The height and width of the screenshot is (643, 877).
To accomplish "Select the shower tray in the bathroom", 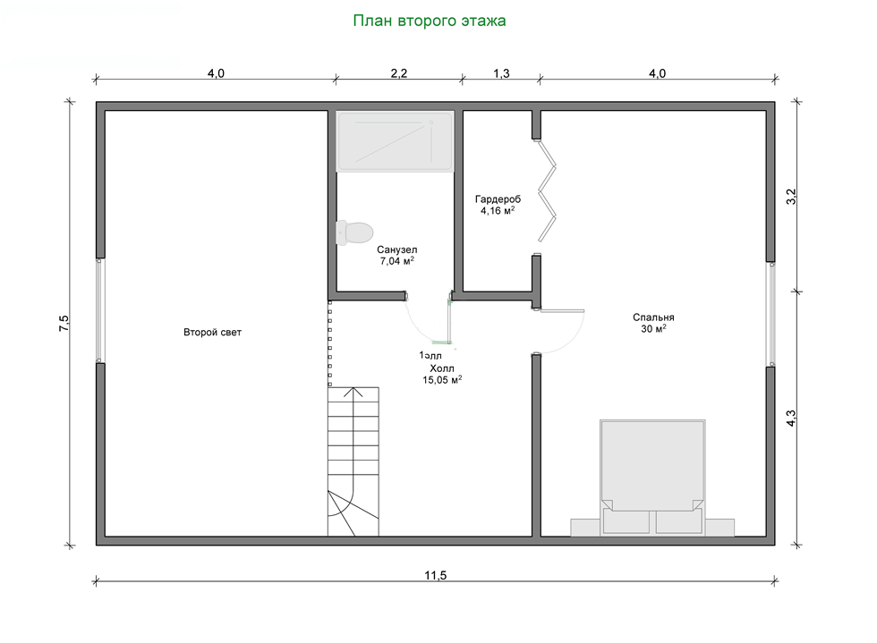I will coord(395,141).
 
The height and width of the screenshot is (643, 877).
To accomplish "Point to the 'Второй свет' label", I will coord(212,333).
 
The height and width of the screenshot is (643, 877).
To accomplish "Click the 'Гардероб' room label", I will coord(498,199).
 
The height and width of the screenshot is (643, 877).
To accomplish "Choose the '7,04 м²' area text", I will coord(397,262).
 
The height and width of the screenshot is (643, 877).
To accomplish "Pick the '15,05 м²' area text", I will coord(442,379).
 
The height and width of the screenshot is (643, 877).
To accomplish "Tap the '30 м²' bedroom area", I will coord(652,329).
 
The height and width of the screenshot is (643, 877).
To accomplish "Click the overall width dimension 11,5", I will coord(435,574).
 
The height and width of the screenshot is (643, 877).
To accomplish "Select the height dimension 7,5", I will coord(64,324).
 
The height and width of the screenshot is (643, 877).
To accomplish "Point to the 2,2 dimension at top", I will coord(398,74).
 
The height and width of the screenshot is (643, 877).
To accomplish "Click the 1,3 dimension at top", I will coord(501,74).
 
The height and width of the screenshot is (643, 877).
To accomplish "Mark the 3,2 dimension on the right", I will coord(790,198).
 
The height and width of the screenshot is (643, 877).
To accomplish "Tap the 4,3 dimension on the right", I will coord(790,418).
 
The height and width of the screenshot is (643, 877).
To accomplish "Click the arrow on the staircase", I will coord(355,392).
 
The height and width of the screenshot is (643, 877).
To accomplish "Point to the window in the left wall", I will coord(101,310).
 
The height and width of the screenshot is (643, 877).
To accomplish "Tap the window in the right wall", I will coord(770,314).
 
